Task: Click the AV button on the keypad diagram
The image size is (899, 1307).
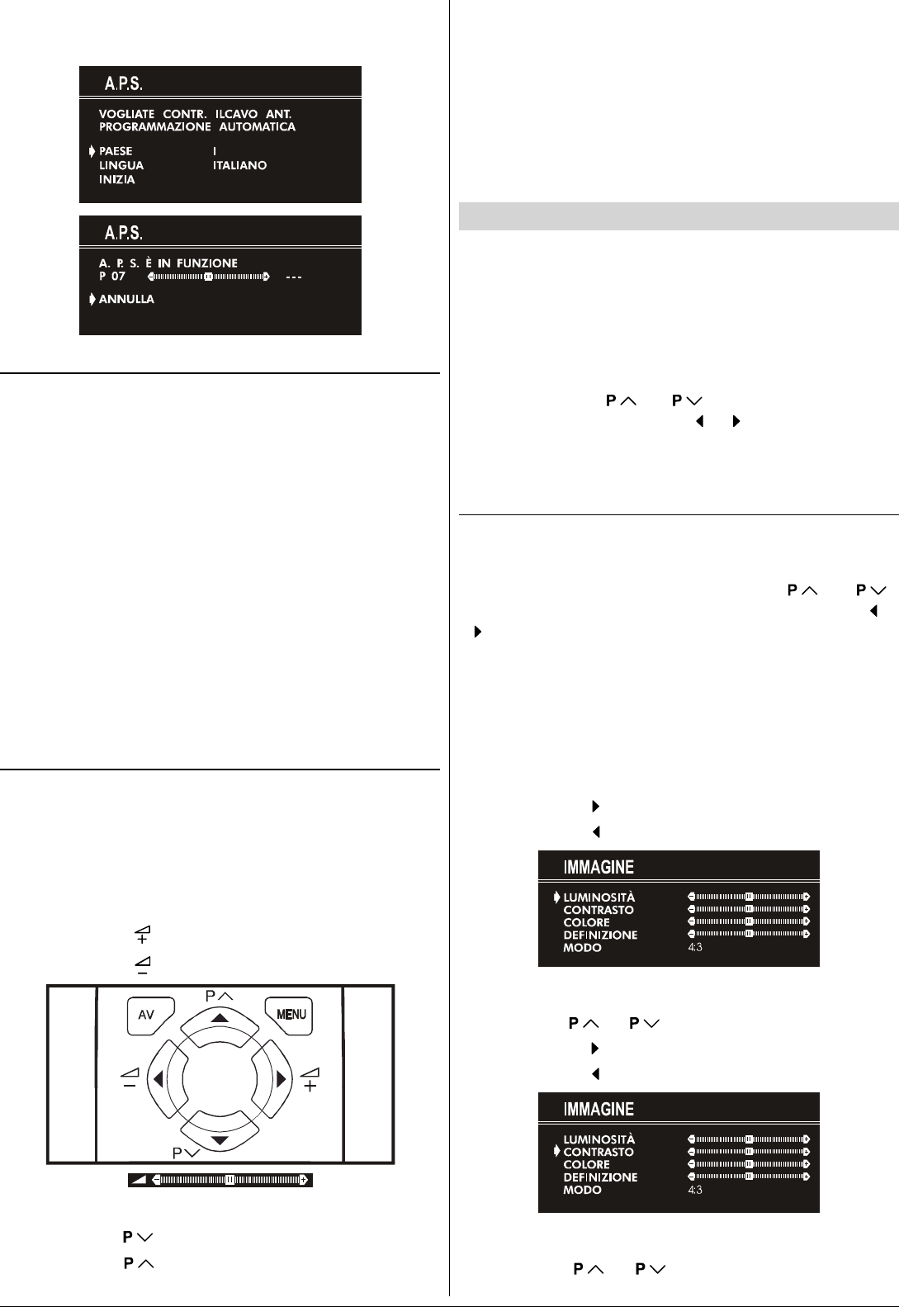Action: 148,1015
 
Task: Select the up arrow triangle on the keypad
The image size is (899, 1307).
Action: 220,1018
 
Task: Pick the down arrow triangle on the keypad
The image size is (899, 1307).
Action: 220,1141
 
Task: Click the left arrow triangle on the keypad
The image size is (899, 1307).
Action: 157,1079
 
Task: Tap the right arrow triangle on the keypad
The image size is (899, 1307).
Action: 282,1079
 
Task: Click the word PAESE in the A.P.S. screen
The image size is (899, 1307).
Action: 116,151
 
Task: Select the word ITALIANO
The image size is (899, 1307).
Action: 239,165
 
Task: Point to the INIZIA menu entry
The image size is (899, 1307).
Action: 116,179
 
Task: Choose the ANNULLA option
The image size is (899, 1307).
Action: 126,299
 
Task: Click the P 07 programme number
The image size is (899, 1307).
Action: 112,277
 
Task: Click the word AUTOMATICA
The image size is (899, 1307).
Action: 257,127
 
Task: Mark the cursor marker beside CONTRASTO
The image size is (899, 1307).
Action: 557,1151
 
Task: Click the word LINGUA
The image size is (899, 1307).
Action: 121,165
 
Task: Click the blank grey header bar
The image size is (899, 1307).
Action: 678,216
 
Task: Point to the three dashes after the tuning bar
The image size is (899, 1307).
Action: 293,277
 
